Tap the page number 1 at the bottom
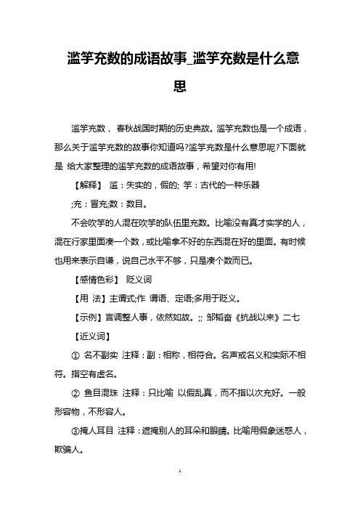180,491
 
